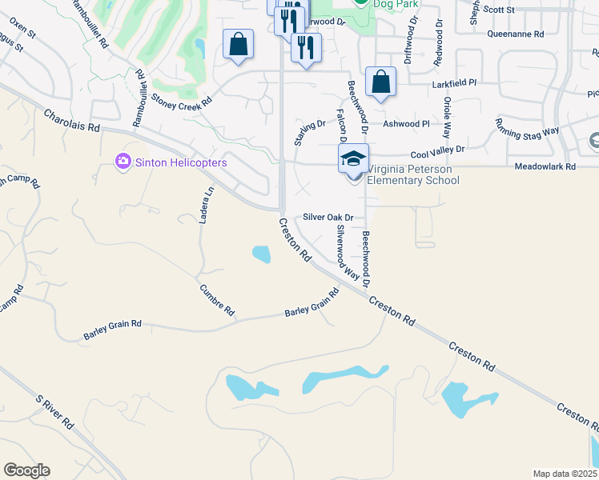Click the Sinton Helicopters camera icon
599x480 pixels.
[x=123, y=162]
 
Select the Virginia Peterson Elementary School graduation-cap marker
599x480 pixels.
[x=353, y=158]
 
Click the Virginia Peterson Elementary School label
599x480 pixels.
[x=413, y=175]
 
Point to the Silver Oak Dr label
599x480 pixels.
[x=328, y=217]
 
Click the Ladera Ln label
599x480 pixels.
[x=207, y=205]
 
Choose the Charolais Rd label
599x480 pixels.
[x=72, y=121]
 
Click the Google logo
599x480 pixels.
[x=26, y=470]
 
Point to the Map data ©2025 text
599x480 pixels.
[x=565, y=474]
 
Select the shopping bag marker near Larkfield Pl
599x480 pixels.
[x=380, y=82]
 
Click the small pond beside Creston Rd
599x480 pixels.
[x=261, y=254]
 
